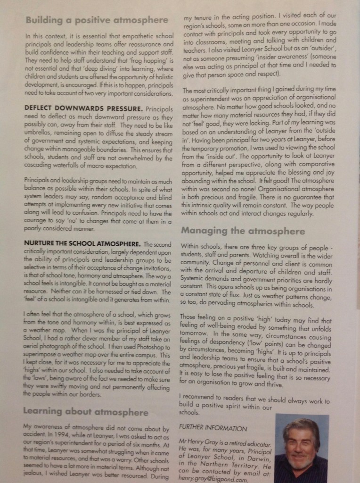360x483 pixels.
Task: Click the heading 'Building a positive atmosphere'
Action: pyautogui.click(x=97, y=20)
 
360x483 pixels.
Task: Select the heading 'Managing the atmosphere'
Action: pyautogui.click(x=243, y=232)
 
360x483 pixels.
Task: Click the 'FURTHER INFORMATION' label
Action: pyautogui.click(x=213, y=428)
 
